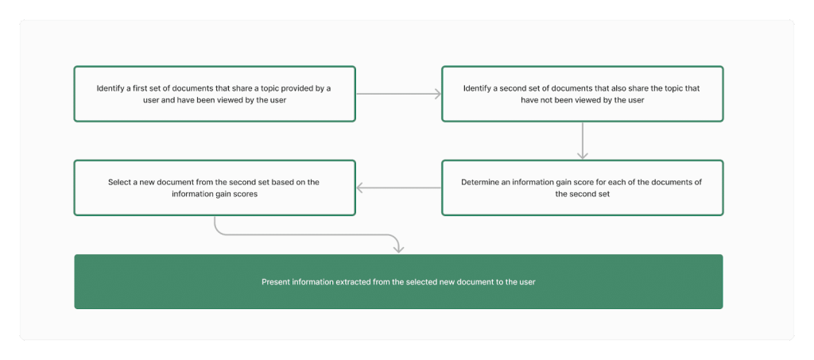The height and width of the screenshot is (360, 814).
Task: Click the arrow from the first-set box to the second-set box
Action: (x=399, y=94)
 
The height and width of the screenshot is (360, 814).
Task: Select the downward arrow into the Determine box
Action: (x=583, y=140)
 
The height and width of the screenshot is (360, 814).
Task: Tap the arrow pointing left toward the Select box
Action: (x=399, y=188)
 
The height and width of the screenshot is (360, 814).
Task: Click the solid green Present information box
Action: (x=398, y=281)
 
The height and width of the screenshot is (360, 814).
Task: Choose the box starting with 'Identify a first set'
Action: (x=215, y=94)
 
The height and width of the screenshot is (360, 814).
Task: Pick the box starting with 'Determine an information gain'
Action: (x=582, y=188)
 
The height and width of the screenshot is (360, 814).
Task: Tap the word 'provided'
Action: (x=299, y=89)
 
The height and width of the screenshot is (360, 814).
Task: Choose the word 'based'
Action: (x=278, y=183)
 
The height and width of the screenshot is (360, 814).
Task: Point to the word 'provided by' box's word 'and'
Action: (x=169, y=100)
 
